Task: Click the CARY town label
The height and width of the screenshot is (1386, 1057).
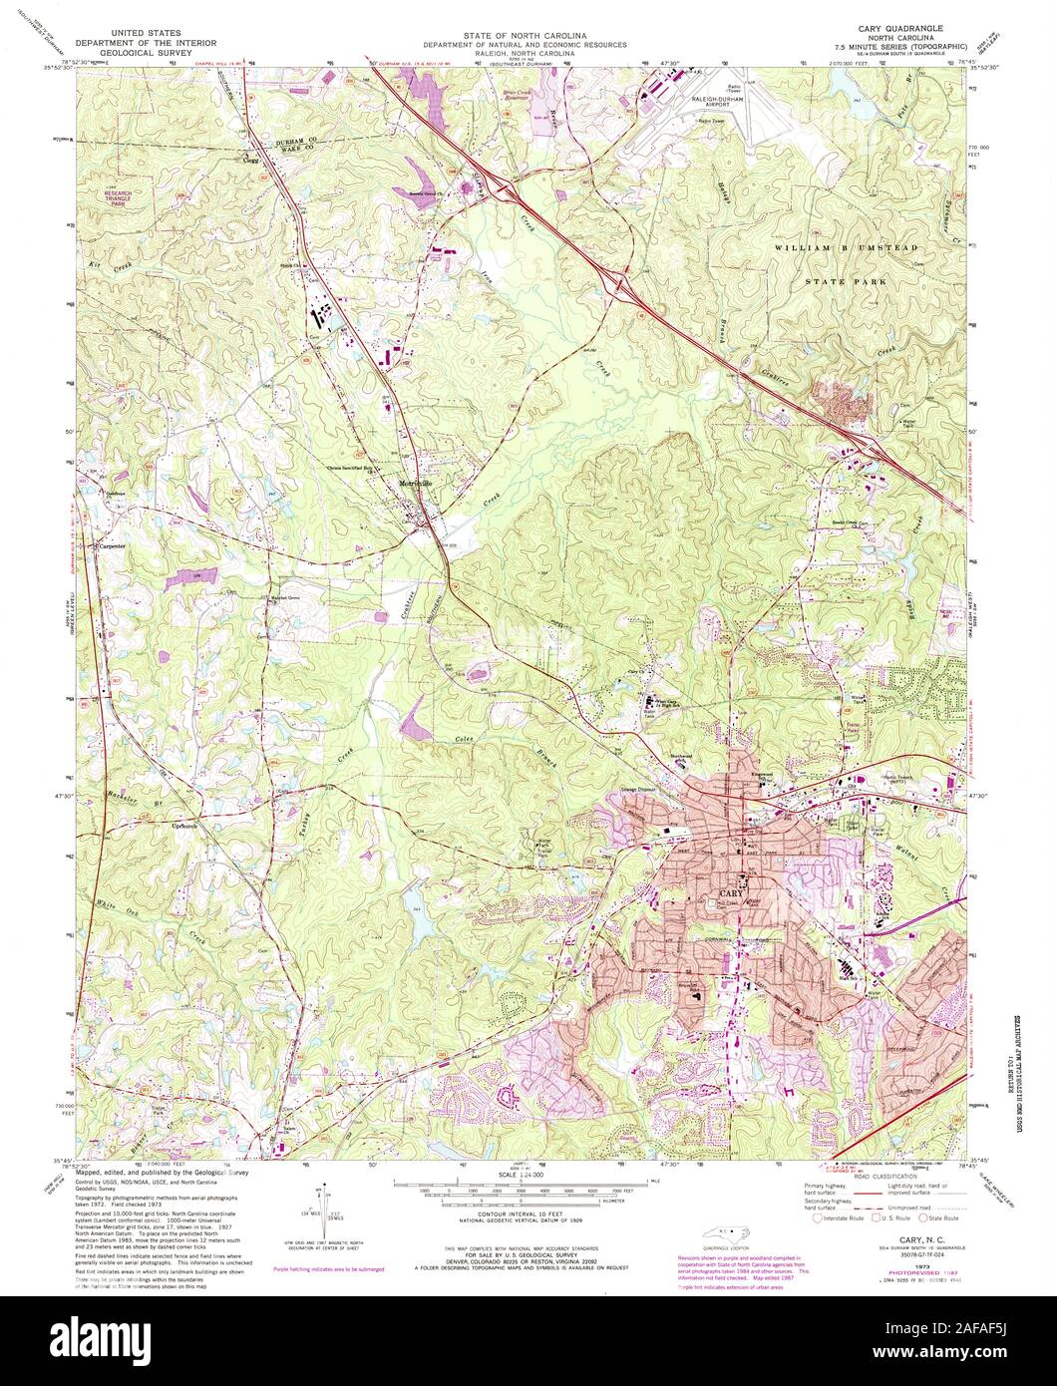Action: click(x=730, y=892)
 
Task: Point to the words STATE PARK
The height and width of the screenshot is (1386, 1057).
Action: click(x=850, y=282)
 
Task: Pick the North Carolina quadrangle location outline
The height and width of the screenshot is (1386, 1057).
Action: click(x=726, y=1227)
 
